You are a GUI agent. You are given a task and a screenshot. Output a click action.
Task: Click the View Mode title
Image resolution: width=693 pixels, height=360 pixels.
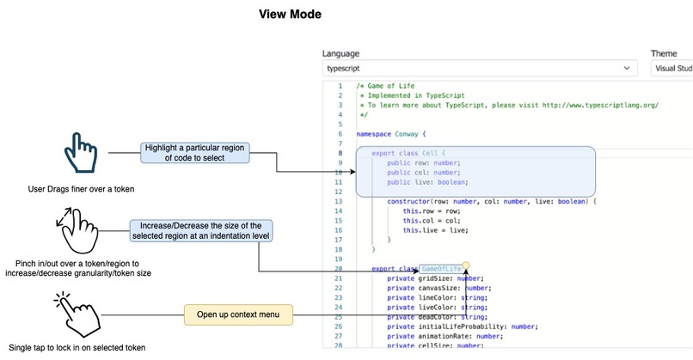click(x=290, y=15)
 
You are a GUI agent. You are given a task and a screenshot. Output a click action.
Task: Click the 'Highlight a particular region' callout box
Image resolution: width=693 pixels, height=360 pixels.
click(x=194, y=152)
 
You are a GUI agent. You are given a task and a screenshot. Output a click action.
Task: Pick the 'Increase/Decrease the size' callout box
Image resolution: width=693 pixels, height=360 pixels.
click(x=201, y=230)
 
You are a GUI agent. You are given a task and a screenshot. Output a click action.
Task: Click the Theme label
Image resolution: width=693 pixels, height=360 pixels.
click(x=663, y=53)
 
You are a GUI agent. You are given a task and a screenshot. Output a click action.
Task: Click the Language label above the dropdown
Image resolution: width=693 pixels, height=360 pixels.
click(x=341, y=53)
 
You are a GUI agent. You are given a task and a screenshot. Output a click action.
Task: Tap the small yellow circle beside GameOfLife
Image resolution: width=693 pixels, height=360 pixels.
click(x=465, y=265)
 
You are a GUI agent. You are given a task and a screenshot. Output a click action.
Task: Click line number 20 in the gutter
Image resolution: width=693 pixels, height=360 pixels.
click(x=339, y=268)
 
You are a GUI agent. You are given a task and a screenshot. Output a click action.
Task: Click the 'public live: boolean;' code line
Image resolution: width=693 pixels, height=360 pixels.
click(x=427, y=181)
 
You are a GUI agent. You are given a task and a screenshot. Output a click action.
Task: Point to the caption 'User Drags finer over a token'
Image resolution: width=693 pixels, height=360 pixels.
click(x=76, y=188)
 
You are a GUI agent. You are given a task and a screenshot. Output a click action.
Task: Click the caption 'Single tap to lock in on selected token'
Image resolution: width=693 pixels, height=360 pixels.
click(x=76, y=348)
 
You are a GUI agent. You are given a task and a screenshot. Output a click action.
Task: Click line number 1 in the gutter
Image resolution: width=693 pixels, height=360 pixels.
click(x=340, y=86)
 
